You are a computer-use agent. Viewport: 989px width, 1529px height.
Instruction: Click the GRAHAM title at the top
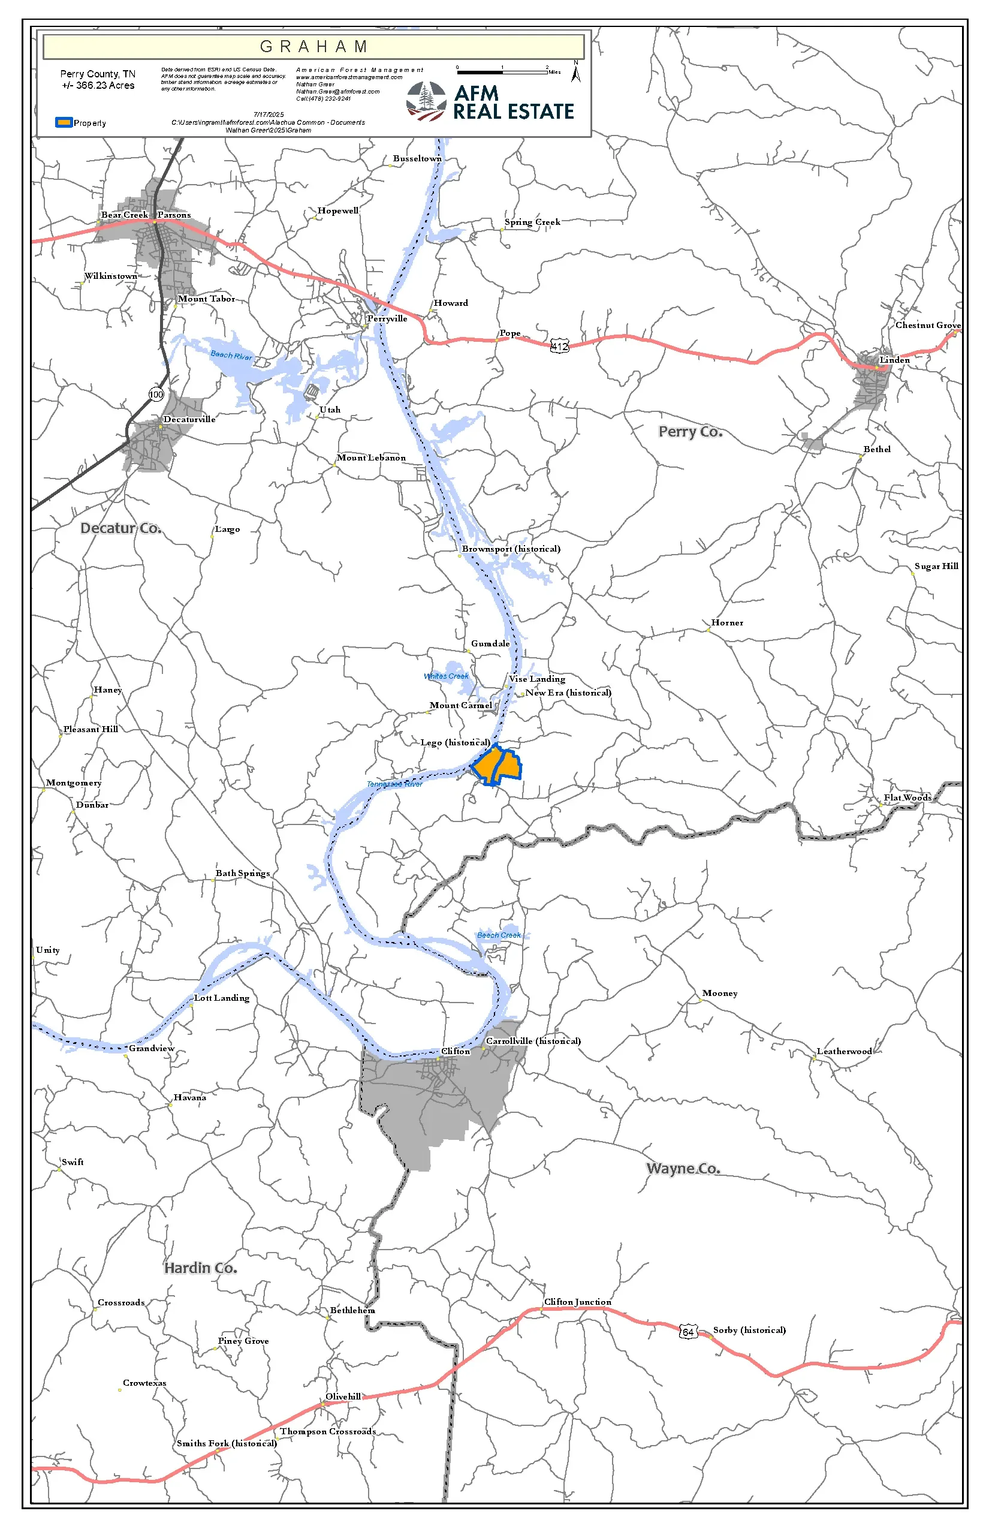313,47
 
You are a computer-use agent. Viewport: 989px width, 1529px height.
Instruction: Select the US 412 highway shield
559,347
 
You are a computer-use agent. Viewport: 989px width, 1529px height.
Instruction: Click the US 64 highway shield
688,1332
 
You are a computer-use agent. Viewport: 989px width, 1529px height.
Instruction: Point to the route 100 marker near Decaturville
156,394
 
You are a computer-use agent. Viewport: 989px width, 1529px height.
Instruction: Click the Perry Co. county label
691,432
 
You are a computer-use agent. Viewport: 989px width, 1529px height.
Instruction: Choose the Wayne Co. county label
683,1168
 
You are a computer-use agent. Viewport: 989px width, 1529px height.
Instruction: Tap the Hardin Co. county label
200,1268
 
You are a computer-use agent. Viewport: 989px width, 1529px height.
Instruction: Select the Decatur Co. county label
120,528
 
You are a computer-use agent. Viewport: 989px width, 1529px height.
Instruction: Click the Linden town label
894,360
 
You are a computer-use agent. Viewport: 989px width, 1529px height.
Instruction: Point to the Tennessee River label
394,784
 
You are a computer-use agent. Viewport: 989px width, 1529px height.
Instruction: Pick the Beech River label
231,355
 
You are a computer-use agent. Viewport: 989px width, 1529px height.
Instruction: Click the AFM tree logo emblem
426,101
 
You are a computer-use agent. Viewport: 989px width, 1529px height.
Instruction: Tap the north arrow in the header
576,72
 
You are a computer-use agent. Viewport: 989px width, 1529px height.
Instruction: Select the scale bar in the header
502,72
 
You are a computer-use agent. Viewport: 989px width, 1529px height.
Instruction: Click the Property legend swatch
64,122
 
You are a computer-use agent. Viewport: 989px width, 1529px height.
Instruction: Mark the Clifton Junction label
577,1302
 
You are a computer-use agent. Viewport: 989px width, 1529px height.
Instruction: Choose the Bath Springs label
242,873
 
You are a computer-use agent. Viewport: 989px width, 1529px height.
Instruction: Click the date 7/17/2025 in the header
269,115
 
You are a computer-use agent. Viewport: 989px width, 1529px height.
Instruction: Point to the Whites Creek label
446,676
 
